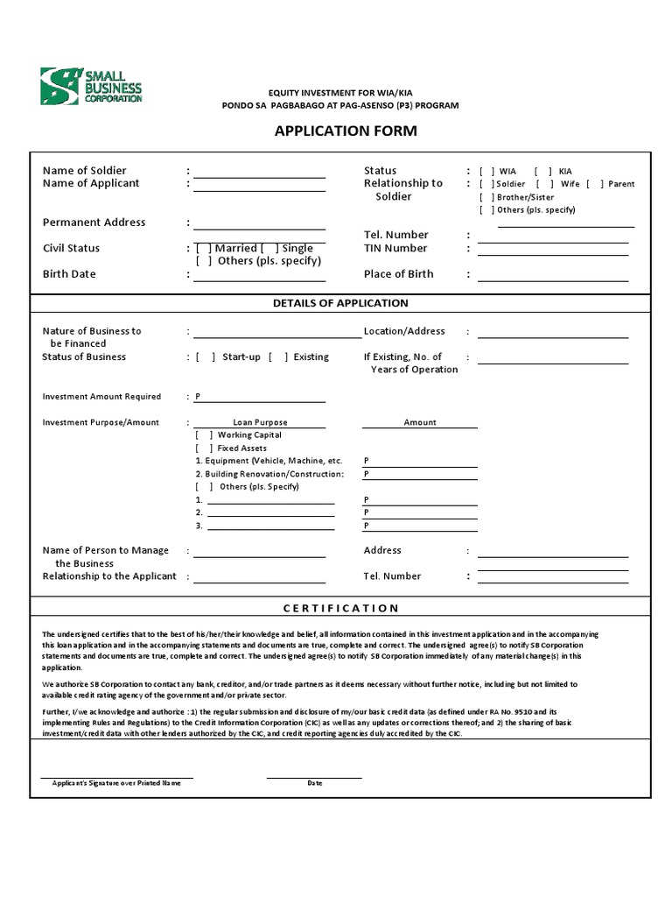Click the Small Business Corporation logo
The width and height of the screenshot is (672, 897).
pyautogui.click(x=91, y=87)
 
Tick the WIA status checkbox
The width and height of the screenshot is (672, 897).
pyautogui.click(x=486, y=172)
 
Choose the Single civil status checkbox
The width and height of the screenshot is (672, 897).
pyautogui.click(x=270, y=249)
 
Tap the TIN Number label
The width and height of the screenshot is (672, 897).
pyautogui.click(x=395, y=248)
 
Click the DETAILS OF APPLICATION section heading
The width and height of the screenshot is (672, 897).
pyautogui.click(x=340, y=303)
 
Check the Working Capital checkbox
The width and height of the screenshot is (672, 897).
pyautogui.click(x=203, y=435)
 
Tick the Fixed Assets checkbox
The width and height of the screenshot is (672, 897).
pyautogui.click(x=203, y=448)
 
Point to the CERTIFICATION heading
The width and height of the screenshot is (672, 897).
pyautogui.click(x=340, y=608)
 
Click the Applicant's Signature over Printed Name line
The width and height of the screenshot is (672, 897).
pyautogui.click(x=116, y=776)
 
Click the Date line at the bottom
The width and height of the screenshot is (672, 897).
pyautogui.click(x=314, y=776)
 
